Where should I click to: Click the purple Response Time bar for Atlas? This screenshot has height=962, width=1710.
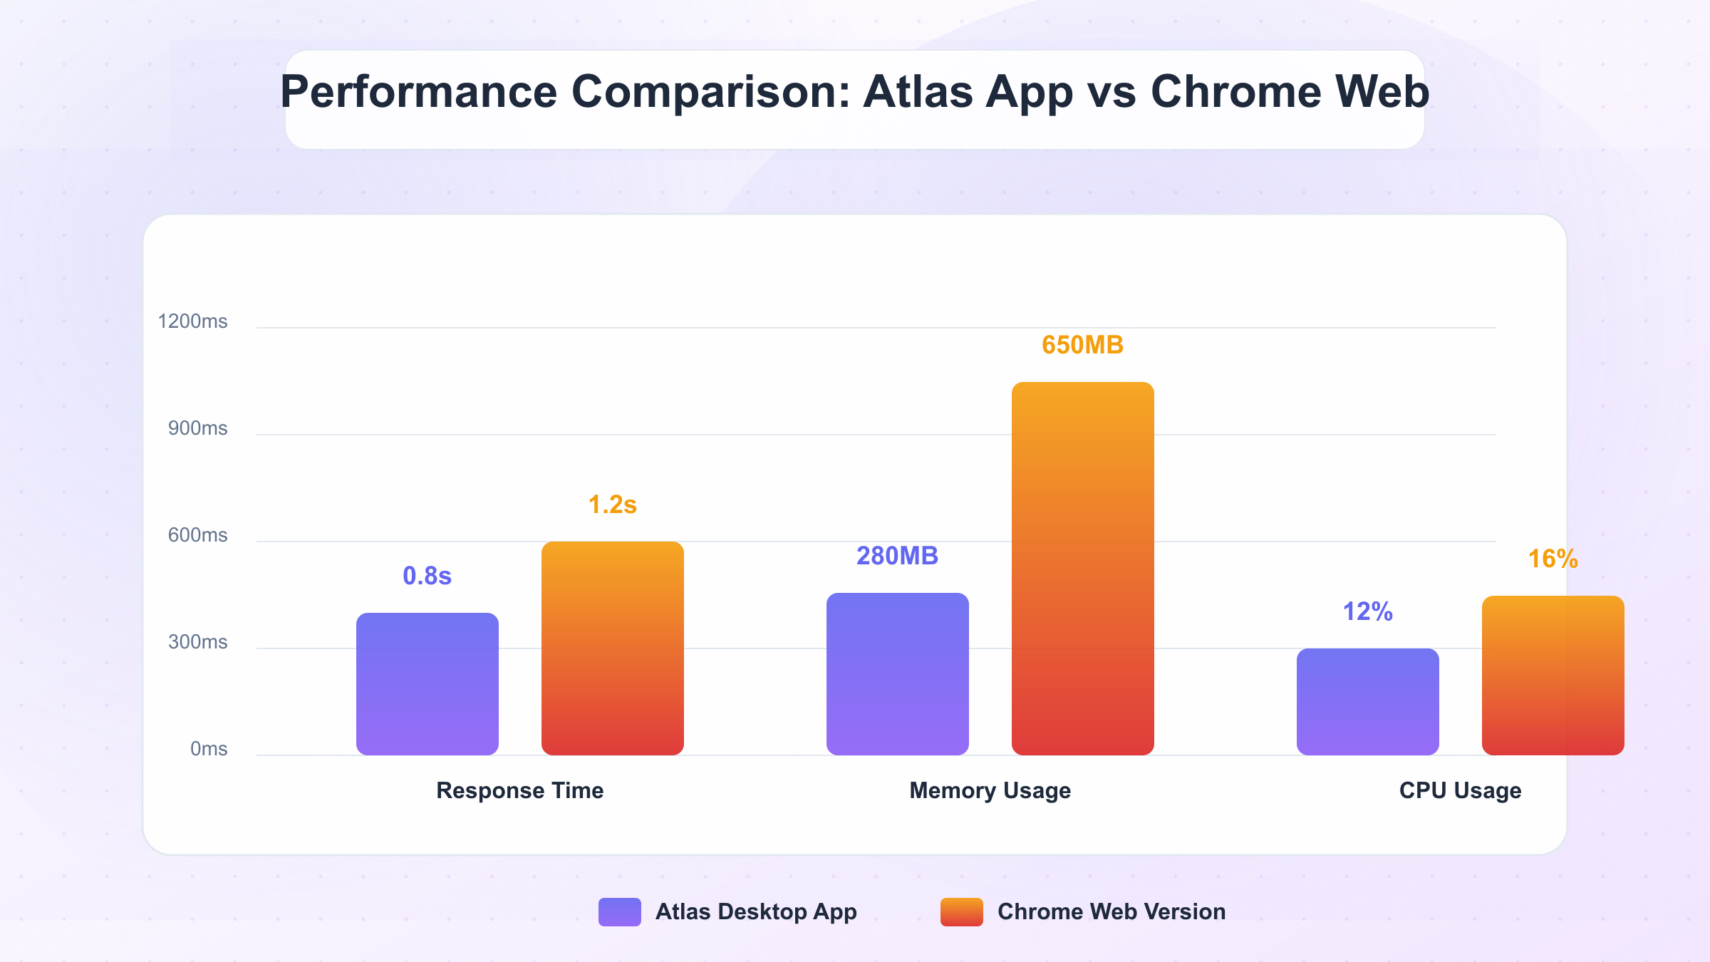pos(427,684)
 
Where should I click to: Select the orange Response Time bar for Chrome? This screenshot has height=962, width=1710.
pos(613,648)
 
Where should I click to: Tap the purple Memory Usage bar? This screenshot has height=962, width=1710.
pos(898,674)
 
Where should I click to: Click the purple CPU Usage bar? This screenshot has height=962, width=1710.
pos(1368,702)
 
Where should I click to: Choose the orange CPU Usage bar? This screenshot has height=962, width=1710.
pos(1553,676)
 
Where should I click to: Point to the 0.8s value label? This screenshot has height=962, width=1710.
pos(427,576)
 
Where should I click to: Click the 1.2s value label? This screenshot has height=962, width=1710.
pos(613,505)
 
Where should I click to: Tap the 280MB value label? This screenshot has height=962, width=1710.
pos(898,556)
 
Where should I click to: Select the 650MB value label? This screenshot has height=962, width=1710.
pos(1083,345)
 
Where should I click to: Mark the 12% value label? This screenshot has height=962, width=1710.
pos(1368,611)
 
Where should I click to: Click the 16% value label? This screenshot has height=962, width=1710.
pos(1553,559)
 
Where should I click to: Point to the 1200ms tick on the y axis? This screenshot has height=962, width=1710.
pos(192,321)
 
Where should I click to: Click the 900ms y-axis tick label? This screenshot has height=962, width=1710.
pos(197,428)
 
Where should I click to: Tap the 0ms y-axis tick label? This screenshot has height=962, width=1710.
pos(209,749)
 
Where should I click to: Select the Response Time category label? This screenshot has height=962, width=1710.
pos(520,790)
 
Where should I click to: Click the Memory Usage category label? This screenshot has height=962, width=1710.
pos(990,790)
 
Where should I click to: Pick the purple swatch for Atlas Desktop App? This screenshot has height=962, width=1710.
pos(620,912)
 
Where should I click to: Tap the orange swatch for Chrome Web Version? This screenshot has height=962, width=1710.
pos(962,912)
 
